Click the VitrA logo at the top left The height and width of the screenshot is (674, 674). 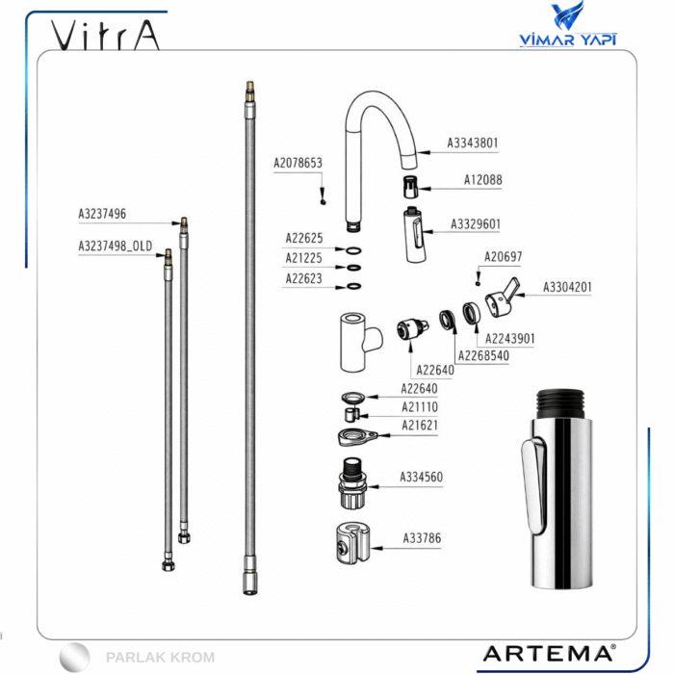[x=105, y=35]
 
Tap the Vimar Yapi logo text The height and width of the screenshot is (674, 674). [x=568, y=39]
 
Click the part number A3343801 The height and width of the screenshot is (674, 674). [x=473, y=143]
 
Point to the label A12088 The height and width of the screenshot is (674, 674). [x=482, y=180]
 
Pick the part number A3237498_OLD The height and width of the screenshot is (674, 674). [x=116, y=246]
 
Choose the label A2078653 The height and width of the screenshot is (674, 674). [x=298, y=163]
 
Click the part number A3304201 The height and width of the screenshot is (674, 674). [x=567, y=287]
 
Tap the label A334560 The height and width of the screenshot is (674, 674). [x=422, y=477]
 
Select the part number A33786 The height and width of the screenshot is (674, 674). [x=422, y=537]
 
